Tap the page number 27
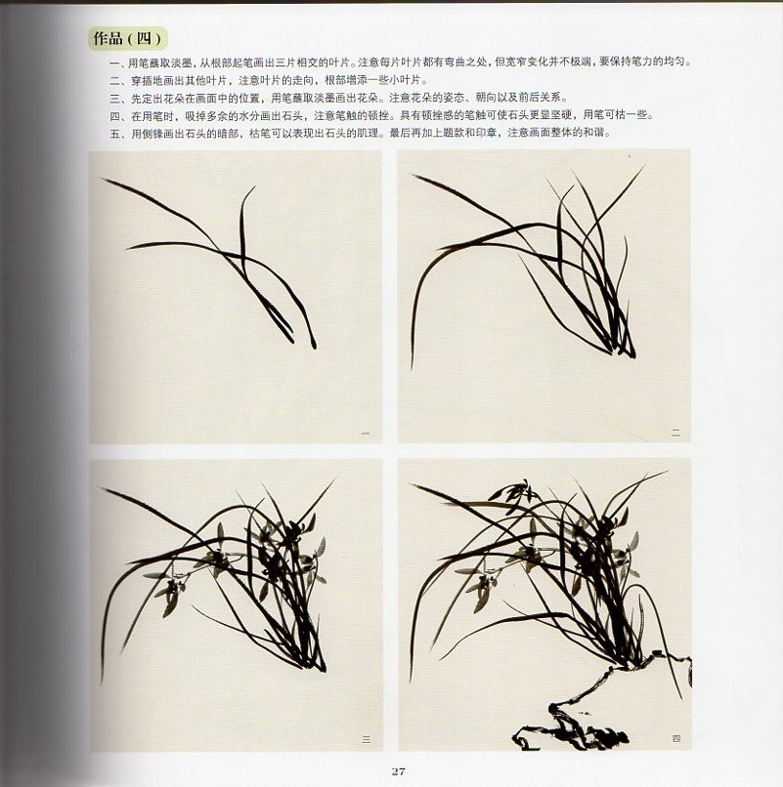pos(398,772)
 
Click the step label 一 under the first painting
pos(365,433)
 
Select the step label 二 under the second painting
pos(674,432)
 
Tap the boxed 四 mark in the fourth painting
pos(674,739)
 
